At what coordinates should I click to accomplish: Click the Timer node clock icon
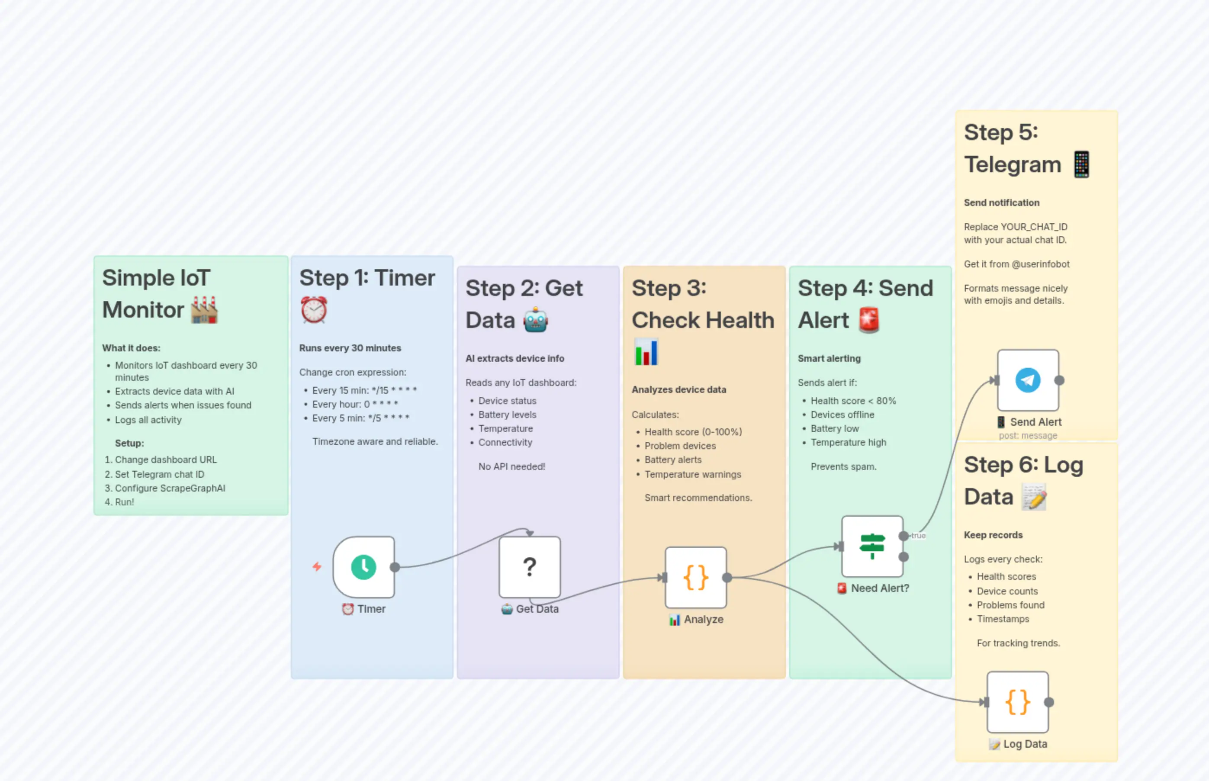tap(363, 567)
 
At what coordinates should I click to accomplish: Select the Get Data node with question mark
tap(530, 567)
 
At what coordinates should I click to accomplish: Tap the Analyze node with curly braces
tap(696, 578)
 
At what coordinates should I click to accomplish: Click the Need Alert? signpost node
tap(872, 546)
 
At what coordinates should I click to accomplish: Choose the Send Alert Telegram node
tap(1028, 380)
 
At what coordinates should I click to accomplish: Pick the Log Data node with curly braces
tap(1017, 702)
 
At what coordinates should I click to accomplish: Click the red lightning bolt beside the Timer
tap(317, 566)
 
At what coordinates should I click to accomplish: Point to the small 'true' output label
tap(918, 536)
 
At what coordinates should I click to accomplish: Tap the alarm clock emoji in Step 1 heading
tap(314, 310)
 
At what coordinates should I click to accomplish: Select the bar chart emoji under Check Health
tap(646, 352)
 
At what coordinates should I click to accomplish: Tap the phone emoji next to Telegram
tap(1081, 165)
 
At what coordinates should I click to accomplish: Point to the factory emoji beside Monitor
tap(204, 310)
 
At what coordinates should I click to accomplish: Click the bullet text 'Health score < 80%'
tap(853, 401)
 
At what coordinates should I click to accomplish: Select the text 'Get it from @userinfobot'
tap(1016, 264)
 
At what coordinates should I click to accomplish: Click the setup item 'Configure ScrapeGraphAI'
tap(170, 489)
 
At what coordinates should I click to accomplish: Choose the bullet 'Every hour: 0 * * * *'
tap(355, 404)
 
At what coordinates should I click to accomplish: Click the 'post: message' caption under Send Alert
tap(1028, 436)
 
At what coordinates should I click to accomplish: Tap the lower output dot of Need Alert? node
tap(903, 557)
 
